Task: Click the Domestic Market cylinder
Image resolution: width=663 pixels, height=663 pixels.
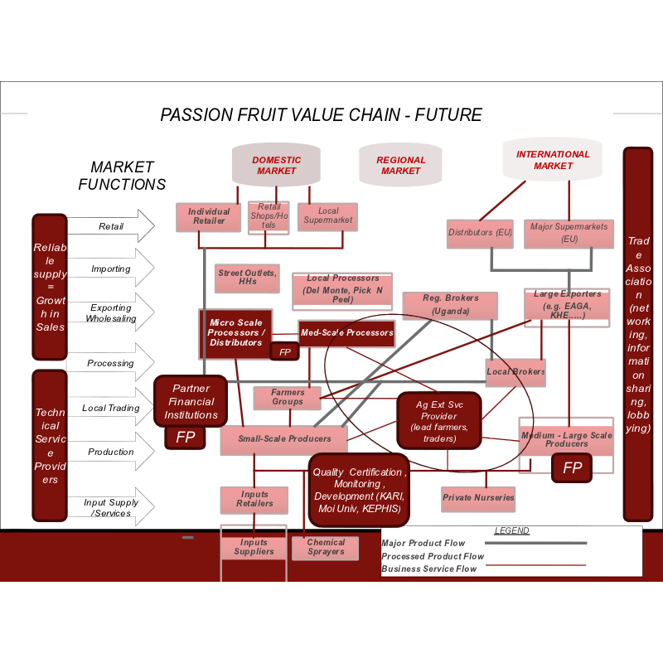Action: pyautogui.click(x=276, y=165)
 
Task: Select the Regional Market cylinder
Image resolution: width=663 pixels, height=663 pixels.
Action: pyautogui.click(x=400, y=165)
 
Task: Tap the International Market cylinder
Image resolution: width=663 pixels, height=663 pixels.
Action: pyautogui.click(x=553, y=159)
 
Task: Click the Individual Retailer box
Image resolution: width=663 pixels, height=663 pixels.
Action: pyautogui.click(x=209, y=216)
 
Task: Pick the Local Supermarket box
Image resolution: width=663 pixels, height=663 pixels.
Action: pyautogui.click(x=327, y=215)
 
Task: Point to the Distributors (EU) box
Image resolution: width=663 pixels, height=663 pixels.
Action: pyautogui.click(x=481, y=233)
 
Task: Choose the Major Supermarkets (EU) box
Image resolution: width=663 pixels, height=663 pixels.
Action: pyautogui.click(x=569, y=233)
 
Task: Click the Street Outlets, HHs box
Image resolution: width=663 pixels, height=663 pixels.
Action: pyautogui.click(x=247, y=278)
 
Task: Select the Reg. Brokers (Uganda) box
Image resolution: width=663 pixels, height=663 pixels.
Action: pyautogui.click(x=450, y=305)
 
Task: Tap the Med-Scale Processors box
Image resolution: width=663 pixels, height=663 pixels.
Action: pyautogui.click(x=346, y=333)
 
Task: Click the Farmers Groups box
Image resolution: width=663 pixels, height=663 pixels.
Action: pyautogui.click(x=287, y=397)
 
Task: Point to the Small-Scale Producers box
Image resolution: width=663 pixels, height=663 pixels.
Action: pyautogui.click(x=284, y=439)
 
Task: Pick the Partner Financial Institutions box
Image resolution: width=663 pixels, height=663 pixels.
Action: pyautogui.click(x=191, y=401)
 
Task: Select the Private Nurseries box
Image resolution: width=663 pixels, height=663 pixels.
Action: pyautogui.click(x=478, y=498)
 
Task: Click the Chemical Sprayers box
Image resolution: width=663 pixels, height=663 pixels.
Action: pyautogui.click(x=325, y=548)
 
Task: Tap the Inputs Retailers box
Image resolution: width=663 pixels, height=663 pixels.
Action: pyautogui.click(x=254, y=499)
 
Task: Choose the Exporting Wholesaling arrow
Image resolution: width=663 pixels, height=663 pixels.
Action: pyautogui.click(x=111, y=312)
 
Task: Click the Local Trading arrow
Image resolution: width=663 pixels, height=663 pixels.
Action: pyautogui.click(x=111, y=408)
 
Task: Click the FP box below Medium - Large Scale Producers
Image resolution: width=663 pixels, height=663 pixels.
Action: pyautogui.click(x=572, y=468)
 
